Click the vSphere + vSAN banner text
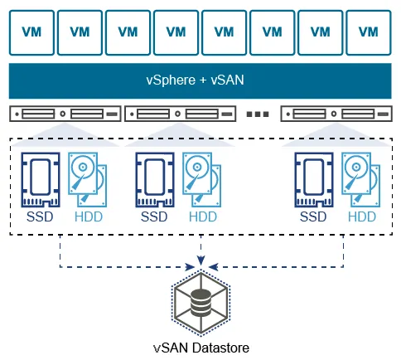click(x=200, y=80)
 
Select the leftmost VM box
click(x=31, y=32)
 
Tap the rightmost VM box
click(x=369, y=32)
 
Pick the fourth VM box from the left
click(x=176, y=32)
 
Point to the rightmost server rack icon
click(x=336, y=114)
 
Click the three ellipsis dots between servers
click(x=259, y=114)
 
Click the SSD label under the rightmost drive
click(x=313, y=217)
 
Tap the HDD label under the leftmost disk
click(x=89, y=217)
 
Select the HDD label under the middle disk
click(x=203, y=217)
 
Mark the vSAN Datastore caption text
click(x=200, y=347)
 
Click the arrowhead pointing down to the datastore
click(x=200, y=263)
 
